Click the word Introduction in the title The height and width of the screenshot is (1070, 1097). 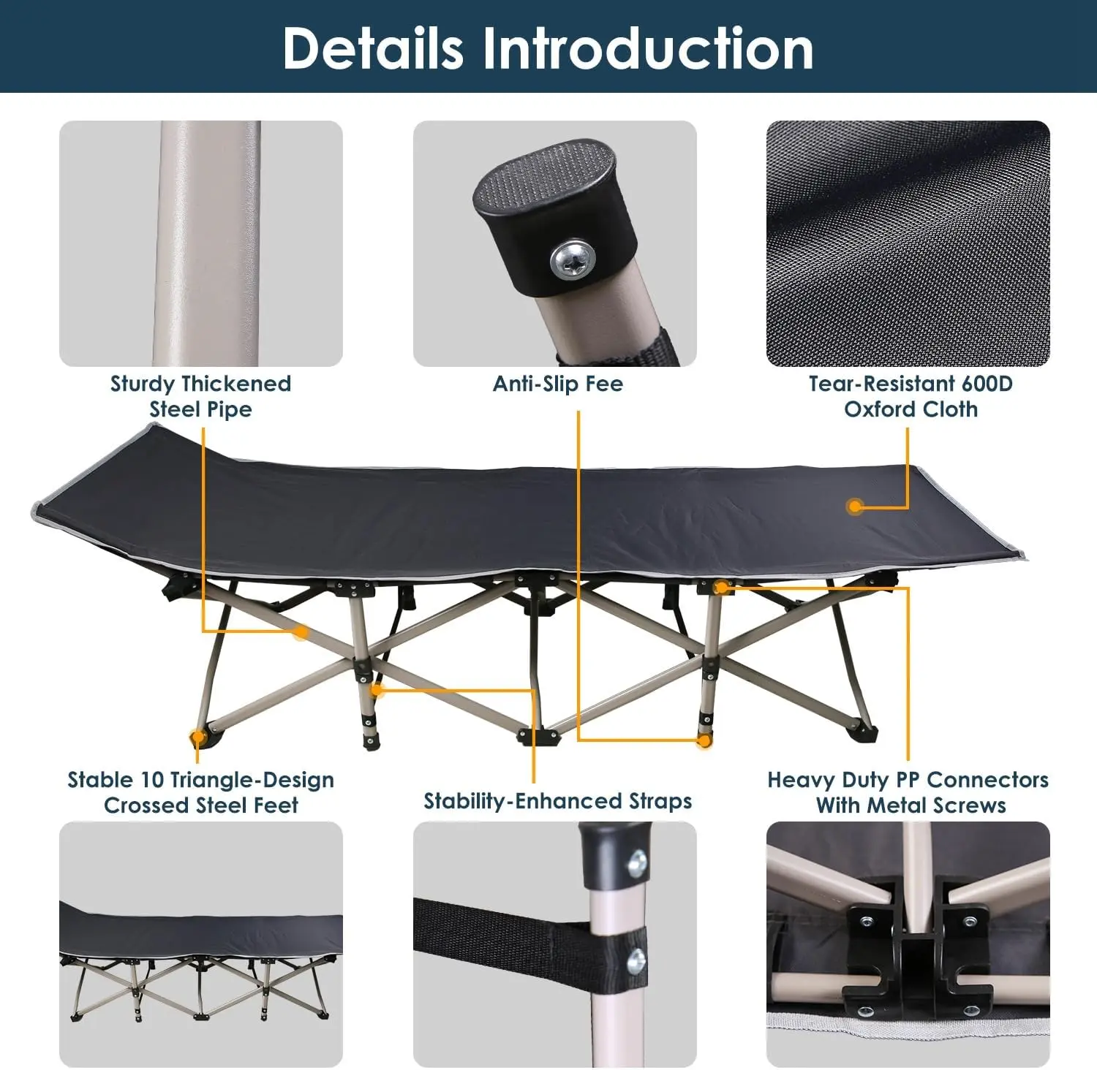pos(646,48)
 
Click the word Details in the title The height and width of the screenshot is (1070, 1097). pos(373,48)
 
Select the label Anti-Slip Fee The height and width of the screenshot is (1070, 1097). pos(558,384)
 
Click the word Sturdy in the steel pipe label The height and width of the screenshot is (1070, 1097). pos(143,384)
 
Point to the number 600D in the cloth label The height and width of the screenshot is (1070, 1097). pos(987,384)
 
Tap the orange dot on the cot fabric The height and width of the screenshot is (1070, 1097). pos(854,506)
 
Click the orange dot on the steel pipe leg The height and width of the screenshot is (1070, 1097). pos(301,631)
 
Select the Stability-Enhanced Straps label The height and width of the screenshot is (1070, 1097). pos(558,801)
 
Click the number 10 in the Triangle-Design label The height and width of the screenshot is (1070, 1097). pos(152,780)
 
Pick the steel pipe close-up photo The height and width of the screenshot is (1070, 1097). pos(201,243)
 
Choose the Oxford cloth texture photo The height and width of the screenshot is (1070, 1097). pos(908,243)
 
